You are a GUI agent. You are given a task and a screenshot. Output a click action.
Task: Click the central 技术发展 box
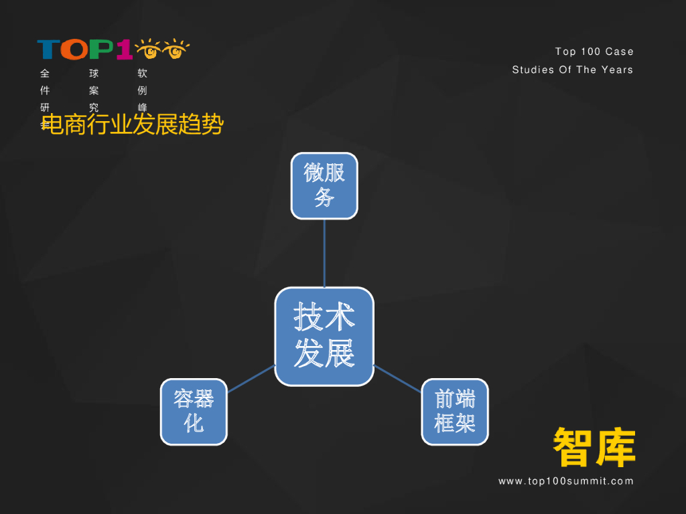coord(324,336)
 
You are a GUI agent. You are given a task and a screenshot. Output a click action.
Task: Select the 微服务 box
coord(324,185)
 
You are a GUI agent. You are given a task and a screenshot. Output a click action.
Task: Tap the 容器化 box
coord(194,412)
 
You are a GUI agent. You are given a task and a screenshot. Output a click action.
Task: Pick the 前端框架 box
coord(455,412)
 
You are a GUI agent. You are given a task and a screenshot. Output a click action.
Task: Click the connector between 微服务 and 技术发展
coord(324,253)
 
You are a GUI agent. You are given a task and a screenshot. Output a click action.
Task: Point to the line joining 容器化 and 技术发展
coord(251,379)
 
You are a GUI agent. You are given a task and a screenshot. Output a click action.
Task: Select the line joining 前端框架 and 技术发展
coord(397,379)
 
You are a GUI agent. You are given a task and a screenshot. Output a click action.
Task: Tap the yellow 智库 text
coord(594,447)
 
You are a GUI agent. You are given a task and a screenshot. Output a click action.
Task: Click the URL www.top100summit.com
coord(565,481)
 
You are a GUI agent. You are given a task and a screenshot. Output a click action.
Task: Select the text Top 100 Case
coord(594,52)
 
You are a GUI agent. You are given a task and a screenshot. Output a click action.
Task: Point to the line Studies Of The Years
coord(572,70)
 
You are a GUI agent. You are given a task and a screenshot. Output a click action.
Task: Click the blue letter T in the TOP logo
coord(48,50)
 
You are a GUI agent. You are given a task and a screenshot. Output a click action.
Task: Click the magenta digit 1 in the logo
coord(124,50)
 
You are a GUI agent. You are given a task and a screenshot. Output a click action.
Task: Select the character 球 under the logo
coord(94,74)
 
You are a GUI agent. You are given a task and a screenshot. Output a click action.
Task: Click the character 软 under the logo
coord(142,74)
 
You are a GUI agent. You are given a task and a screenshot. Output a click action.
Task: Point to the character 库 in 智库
coord(615,447)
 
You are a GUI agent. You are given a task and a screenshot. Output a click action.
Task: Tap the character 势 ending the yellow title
coord(212,125)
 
